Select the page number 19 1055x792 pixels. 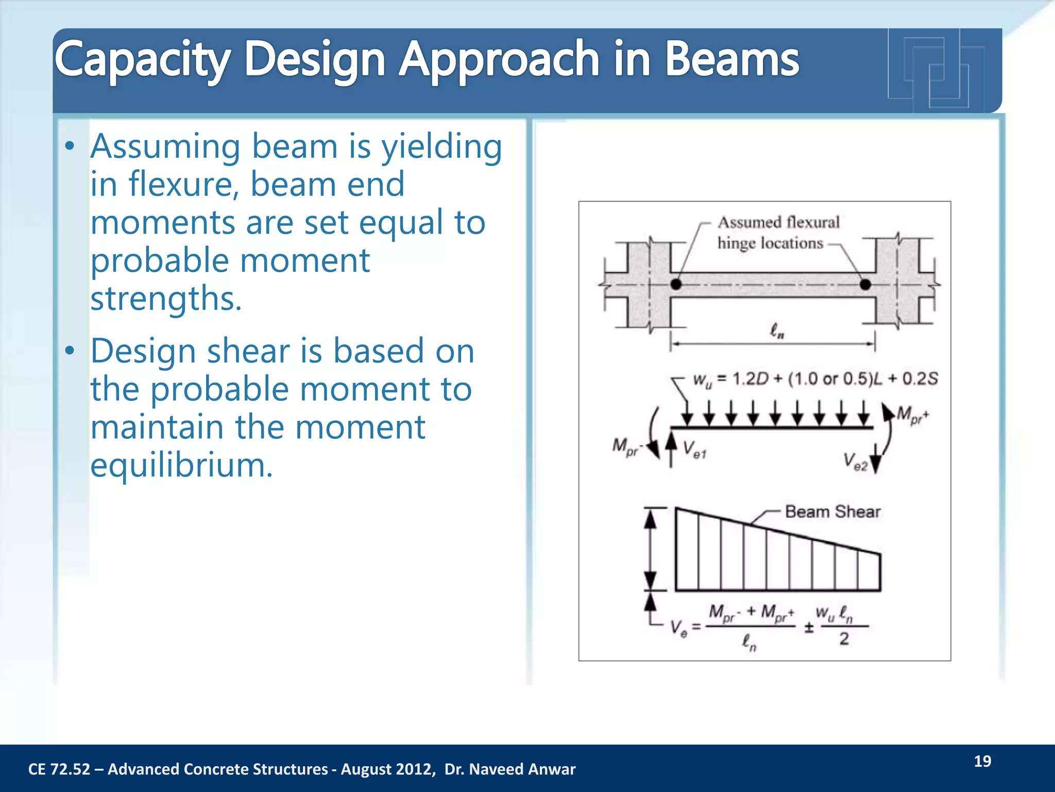point(982,762)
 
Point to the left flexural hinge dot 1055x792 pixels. point(676,284)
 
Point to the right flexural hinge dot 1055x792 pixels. point(865,284)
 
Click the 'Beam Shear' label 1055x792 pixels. point(832,511)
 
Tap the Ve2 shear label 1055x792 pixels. point(855,461)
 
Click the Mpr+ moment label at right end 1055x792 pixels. point(912,415)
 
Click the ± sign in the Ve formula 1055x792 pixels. point(809,628)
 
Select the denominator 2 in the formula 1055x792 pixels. point(844,639)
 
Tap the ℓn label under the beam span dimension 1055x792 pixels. point(777,331)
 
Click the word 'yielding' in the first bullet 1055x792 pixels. point(441,147)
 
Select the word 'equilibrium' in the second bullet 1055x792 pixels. point(181,465)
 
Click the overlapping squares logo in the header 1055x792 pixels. point(936,70)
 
